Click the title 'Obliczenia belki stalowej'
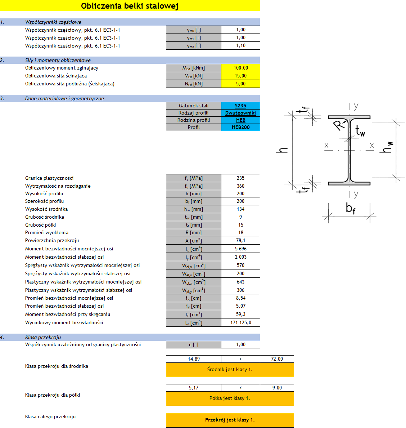coord(130,6)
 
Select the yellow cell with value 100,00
coord(240,68)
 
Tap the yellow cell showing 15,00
coord(240,76)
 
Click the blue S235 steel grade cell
coord(240,106)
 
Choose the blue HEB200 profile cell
coord(240,127)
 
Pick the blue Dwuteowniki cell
coord(240,113)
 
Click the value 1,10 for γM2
coord(240,46)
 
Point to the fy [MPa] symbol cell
coord(194,178)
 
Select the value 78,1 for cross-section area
coord(240,240)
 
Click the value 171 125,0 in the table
coord(240,322)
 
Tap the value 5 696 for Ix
coord(240,249)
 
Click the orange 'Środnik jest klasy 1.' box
coord(230,369)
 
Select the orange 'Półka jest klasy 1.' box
coord(230,398)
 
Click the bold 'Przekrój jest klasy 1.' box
coord(230,420)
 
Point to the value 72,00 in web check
coord(277,359)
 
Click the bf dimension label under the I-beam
coord(350,208)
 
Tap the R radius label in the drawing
coord(338,125)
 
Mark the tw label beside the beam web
coord(360,130)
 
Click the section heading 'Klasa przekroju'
coord(43,337)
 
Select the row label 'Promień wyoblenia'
coord(47,232)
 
